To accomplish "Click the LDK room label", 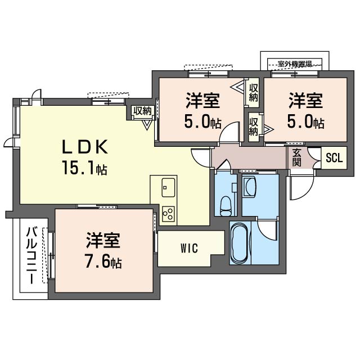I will point(84,147).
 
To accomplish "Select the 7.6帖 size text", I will point(103,262).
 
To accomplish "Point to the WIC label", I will point(189,249).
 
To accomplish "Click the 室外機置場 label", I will point(295,63).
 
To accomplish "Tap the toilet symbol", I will point(225,205).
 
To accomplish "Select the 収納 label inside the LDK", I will point(143,111).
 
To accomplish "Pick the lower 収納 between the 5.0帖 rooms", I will point(254,127).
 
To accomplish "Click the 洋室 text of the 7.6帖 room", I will point(103,241).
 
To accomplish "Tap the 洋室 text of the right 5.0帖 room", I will point(306,102).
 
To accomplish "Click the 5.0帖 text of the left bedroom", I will point(203,122).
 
